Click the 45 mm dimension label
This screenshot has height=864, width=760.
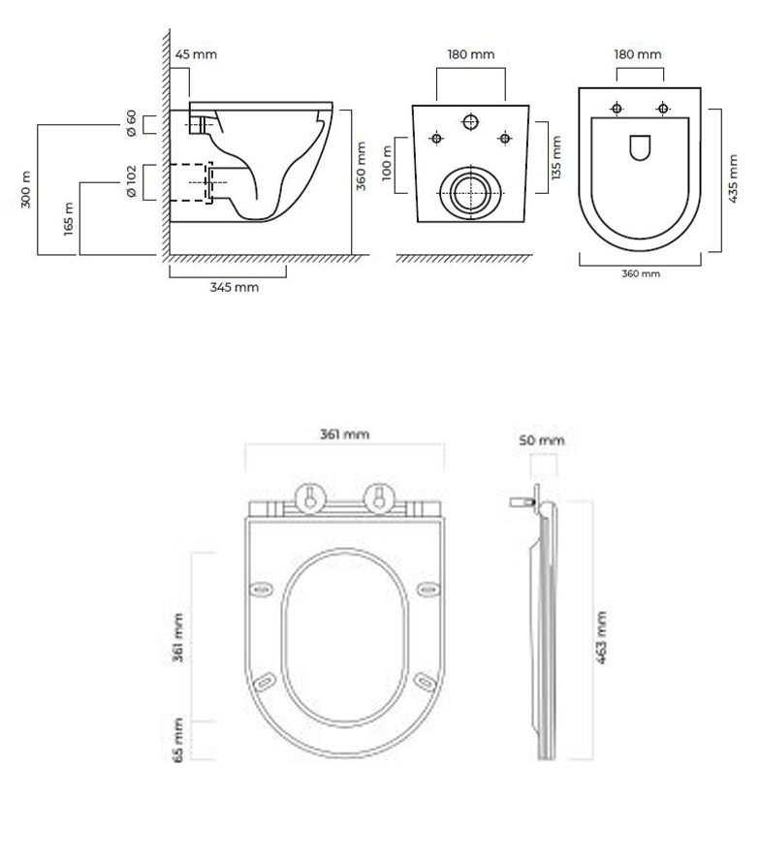point(196,54)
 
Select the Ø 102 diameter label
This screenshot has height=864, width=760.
point(132,181)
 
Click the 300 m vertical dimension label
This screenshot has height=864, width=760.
point(27,189)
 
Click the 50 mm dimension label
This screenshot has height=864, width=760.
point(541,440)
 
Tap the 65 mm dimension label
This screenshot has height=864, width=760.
point(178,740)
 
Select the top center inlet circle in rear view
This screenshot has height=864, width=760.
point(471,122)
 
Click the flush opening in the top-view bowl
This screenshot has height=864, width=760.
point(640,147)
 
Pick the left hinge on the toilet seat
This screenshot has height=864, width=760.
point(309,496)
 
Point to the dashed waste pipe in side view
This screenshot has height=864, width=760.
point(190,181)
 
